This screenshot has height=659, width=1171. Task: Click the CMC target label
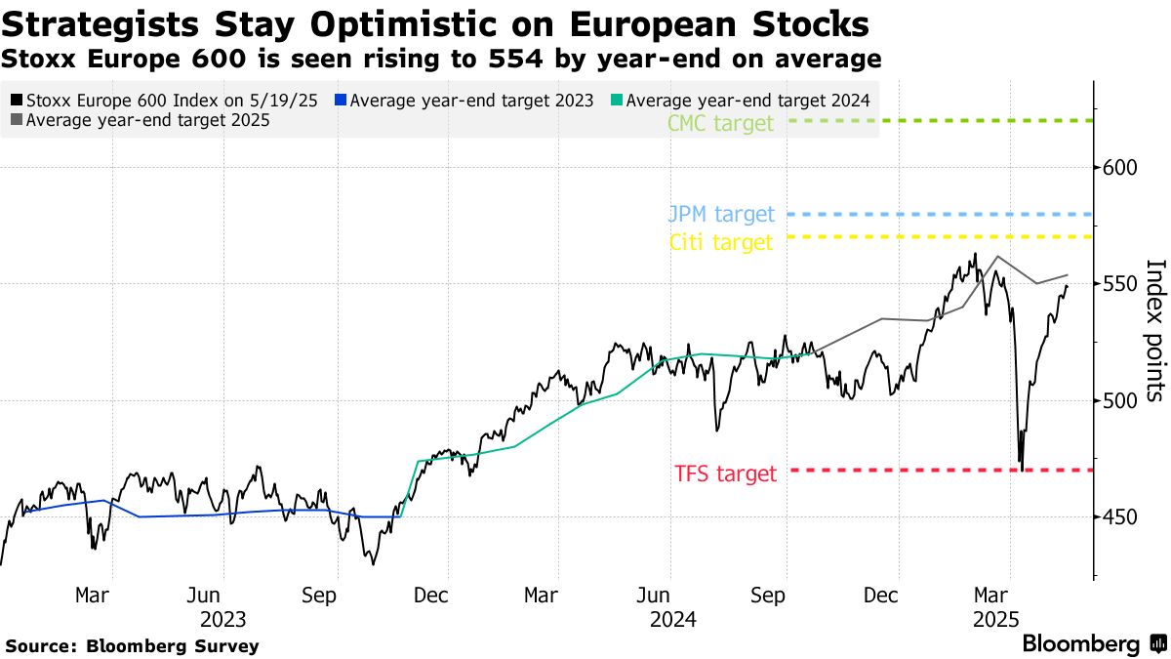point(720,123)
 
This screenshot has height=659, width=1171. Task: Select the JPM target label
point(721,214)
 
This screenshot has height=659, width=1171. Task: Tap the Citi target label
point(721,242)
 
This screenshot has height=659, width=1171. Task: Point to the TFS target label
point(725,474)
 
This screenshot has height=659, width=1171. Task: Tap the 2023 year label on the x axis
point(222,619)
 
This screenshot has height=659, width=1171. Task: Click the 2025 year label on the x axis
point(993,619)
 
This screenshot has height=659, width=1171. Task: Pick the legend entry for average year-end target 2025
point(141,120)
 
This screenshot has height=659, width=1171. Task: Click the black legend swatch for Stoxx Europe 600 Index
point(17,100)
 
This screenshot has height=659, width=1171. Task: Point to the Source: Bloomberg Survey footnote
point(133,645)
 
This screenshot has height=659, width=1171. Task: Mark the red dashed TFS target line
point(937,471)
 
